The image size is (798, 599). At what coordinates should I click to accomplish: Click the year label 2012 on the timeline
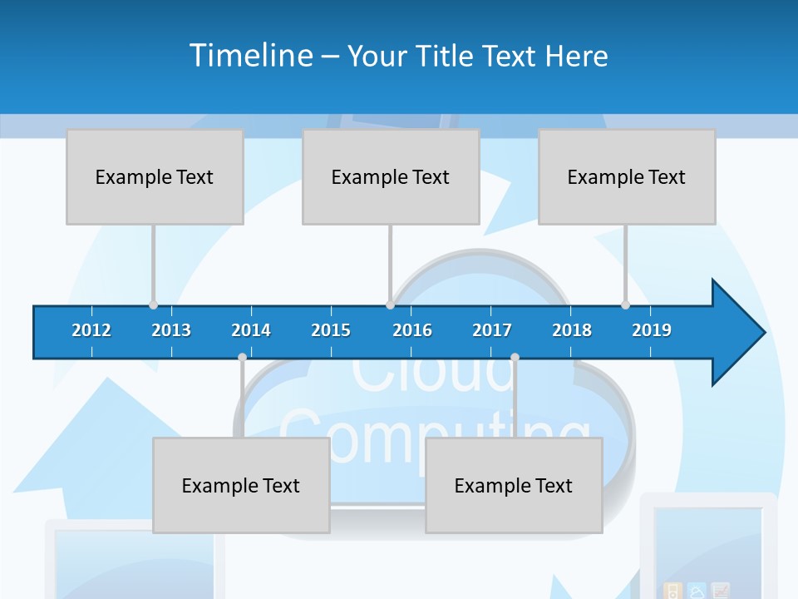(x=91, y=330)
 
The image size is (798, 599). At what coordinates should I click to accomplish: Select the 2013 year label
(x=171, y=330)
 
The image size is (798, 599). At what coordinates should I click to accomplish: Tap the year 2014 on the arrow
(x=251, y=330)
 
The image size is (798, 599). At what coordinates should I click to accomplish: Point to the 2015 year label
(x=331, y=330)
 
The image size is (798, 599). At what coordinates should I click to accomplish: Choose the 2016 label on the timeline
(x=412, y=330)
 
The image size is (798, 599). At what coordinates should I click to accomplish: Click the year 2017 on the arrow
(x=492, y=330)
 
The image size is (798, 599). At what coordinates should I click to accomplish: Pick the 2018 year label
(x=572, y=330)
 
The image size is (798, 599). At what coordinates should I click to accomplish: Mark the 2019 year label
(x=652, y=330)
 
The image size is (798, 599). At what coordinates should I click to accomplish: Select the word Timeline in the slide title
(x=250, y=56)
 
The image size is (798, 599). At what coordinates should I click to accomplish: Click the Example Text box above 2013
(x=155, y=176)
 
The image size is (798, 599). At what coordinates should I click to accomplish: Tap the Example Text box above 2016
(x=391, y=176)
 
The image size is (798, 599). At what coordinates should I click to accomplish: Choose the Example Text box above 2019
(x=627, y=176)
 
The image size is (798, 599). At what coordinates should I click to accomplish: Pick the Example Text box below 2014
(x=241, y=485)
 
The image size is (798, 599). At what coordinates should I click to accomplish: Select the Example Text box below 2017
(x=514, y=485)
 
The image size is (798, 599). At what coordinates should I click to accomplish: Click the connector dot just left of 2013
(x=153, y=304)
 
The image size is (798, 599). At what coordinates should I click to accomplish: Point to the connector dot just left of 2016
(x=390, y=304)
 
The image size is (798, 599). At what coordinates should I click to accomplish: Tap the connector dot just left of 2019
(x=625, y=304)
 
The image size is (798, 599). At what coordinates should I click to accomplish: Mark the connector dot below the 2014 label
(x=242, y=358)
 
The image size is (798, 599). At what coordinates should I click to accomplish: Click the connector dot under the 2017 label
(x=515, y=358)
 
